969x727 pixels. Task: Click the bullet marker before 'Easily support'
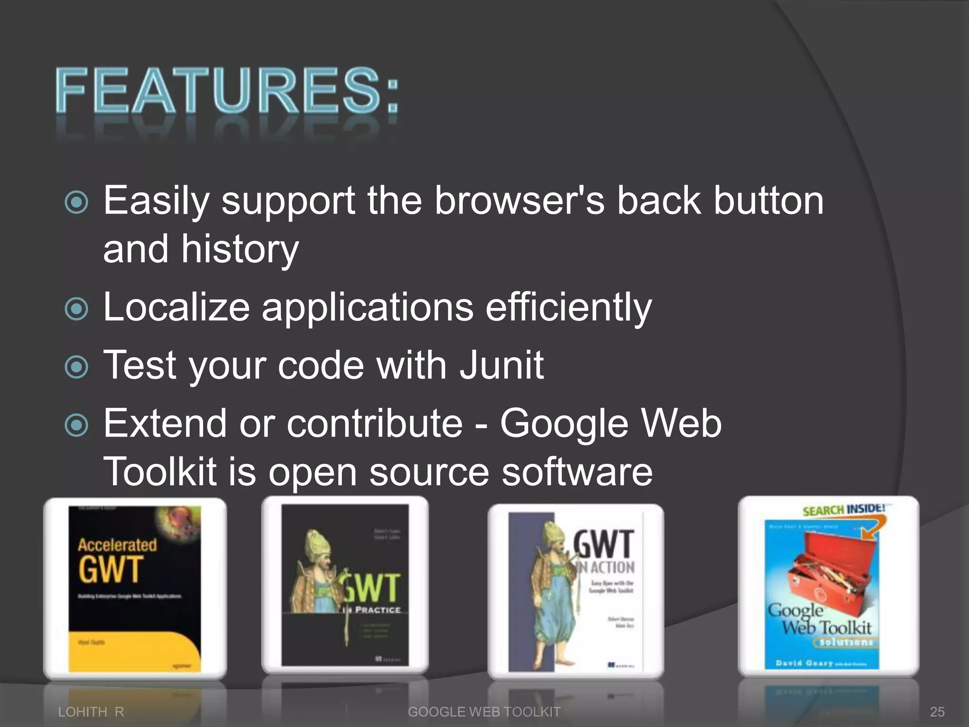pos(76,203)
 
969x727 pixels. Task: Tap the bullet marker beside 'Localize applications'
pos(76,309)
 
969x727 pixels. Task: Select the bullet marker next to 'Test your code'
pos(76,367)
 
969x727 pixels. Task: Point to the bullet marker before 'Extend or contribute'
pos(76,425)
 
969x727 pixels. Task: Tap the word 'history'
pos(240,249)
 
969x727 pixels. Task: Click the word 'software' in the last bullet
pos(577,472)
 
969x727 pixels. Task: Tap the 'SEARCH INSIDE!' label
pos(843,509)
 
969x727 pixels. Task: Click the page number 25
pos(937,711)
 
